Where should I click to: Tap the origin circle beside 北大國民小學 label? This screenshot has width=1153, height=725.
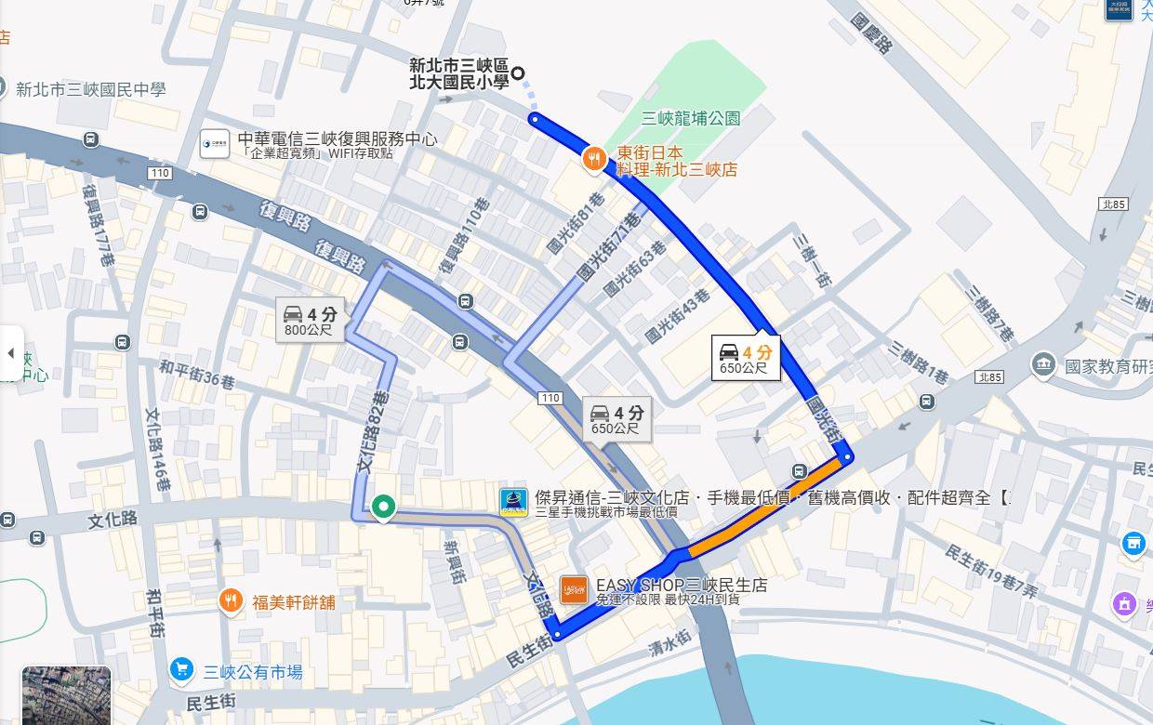[518, 73]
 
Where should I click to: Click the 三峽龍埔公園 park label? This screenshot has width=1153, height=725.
[691, 118]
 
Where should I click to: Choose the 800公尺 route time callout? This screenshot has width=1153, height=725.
[311, 320]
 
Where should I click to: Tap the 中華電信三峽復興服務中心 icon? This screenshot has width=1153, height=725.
[214, 143]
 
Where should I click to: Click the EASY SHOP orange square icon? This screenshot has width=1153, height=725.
[574, 589]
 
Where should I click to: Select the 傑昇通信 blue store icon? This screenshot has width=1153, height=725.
[513, 502]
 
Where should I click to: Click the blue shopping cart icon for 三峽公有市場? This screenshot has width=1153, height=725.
[182, 670]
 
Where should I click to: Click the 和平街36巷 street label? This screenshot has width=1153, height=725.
[196, 375]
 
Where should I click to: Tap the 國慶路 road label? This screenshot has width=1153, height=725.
[871, 30]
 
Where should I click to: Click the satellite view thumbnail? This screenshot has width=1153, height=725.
[66, 695]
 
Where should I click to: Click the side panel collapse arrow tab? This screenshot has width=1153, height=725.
[11, 353]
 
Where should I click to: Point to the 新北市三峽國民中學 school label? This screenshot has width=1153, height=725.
[90, 89]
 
